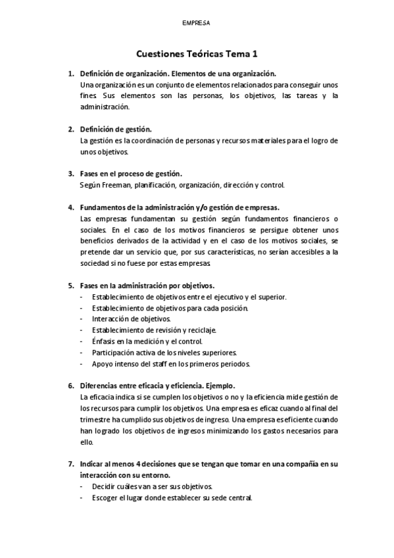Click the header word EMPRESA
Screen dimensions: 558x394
(x=197, y=22)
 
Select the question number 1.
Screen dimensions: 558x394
(x=71, y=74)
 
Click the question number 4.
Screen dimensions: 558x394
(x=71, y=207)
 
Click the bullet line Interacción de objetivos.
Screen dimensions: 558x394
(x=122, y=318)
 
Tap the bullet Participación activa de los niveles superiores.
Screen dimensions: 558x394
(x=164, y=352)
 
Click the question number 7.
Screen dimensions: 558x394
(x=71, y=464)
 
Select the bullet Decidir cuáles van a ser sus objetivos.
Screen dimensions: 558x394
(x=152, y=486)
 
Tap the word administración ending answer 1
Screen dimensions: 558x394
(x=105, y=107)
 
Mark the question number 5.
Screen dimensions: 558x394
(x=71, y=285)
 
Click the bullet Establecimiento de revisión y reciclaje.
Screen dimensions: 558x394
(x=154, y=330)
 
